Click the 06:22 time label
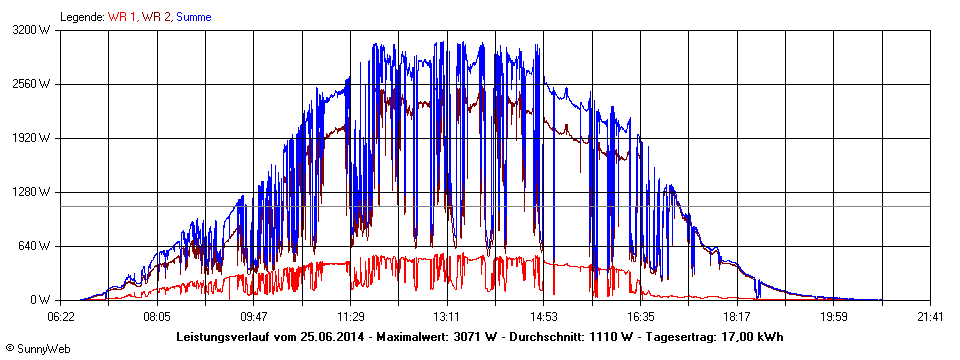pos(61,316)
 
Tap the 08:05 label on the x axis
pos(157,316)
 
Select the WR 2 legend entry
pos(156,16)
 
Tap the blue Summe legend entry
pos(193,16)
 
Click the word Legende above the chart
pos(81,16)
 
